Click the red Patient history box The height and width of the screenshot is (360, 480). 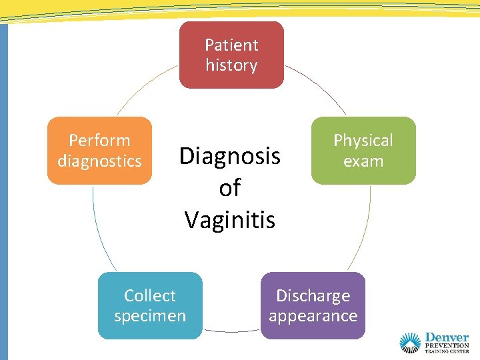coord(231,55)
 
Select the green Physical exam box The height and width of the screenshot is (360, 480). coord(363,151)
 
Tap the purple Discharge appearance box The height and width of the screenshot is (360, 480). coord(313,305)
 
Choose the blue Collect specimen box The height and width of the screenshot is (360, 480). coord(150,305)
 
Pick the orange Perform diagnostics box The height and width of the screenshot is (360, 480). coord(99,151)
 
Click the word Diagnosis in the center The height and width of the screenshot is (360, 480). coord(230,157)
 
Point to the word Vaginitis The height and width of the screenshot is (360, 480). coord(230,220)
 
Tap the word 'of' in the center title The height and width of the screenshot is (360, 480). coord(229,189)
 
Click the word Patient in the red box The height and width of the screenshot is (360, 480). coord(231,45)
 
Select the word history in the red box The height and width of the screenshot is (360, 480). coord(231,65)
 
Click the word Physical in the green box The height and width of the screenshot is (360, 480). coord(363,141)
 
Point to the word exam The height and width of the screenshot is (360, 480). coord(363,161)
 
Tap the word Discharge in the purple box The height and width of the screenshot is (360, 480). coord(313,295)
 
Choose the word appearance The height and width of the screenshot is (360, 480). coord(313,316)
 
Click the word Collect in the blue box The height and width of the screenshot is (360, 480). coord(150,295)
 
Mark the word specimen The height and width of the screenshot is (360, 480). coord(150,316)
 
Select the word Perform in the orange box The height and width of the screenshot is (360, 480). coord(99,141)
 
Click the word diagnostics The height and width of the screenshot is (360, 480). coord(99,161)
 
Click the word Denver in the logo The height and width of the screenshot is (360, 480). coord(447,337)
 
